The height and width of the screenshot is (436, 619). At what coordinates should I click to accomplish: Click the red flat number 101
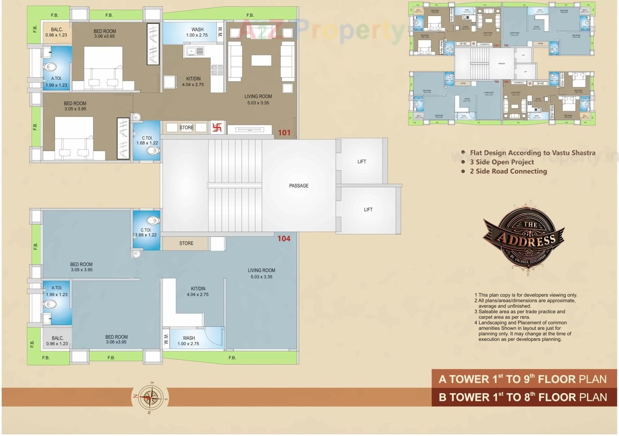coord(284,133)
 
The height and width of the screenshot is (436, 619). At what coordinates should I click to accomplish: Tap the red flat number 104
coord(284,238)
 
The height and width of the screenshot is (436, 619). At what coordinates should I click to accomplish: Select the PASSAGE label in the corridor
coord(299,185)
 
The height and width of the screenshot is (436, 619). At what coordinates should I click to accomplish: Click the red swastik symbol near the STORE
coord(217,127)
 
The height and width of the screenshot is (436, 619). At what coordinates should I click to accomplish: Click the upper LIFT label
coord(362,162)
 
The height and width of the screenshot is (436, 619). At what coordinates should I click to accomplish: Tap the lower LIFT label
coord(368,209)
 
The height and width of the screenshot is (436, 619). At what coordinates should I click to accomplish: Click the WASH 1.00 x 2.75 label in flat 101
coord(197,32)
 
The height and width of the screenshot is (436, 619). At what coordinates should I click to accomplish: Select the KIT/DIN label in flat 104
coord(198,291)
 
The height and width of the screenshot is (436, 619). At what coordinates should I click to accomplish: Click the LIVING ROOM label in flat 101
coord(258,99)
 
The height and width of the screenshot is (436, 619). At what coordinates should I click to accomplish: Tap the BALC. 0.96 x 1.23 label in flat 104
coord(57,341)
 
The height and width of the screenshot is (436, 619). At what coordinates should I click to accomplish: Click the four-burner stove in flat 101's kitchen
coord(217,70)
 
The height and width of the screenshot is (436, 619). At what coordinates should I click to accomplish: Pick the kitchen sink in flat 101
coord(195,51)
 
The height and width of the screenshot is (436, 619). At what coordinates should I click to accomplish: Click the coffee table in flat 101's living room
coord(261,60)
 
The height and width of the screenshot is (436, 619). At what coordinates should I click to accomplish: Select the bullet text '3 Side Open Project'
coord(502,162)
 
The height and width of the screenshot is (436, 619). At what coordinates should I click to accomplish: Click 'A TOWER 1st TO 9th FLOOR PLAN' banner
coord(523,379)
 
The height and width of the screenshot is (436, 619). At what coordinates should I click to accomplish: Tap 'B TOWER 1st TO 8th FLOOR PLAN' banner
coord(523,397)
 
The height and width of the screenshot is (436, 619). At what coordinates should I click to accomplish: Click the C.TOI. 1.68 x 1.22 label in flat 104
coord(146,232)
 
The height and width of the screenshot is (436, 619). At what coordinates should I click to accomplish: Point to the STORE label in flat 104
coord(186,243)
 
